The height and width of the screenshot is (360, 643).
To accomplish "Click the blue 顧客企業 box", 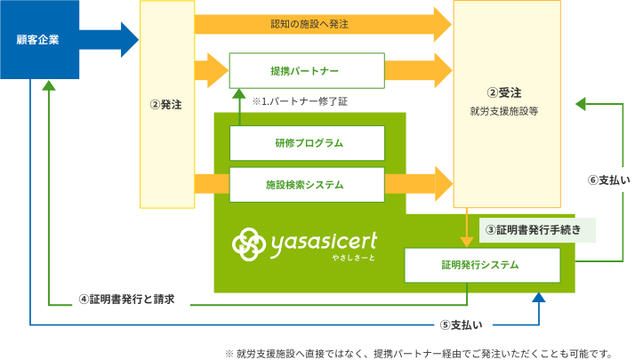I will [x=39, y=39].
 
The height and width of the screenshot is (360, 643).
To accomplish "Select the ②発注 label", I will [x=166, y=105].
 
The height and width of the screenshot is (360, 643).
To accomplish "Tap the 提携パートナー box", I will [x=307, y=70].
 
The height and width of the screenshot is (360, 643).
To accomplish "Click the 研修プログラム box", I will [x=307, y=143].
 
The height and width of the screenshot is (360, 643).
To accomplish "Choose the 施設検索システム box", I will [x=307, y=185].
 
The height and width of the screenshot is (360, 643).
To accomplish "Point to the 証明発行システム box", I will [x=481, y=265].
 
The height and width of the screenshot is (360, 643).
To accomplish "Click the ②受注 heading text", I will [x=504, y=92].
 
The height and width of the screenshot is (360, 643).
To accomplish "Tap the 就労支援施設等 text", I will [x=504, y=112].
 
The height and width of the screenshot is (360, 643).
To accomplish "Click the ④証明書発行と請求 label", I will [x=133, y=300].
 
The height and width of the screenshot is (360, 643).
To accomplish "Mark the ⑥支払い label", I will [x=609, y=180].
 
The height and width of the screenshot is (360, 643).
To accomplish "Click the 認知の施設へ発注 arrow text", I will [x=309, y=24].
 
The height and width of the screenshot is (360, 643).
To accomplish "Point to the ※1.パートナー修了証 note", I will [x=300, y=101].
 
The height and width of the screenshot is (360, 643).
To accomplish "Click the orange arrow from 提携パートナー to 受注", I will [x=418, y=70].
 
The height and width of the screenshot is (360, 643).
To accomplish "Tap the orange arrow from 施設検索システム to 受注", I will [x=418, y=184].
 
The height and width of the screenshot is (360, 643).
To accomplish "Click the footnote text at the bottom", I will [x=418, y=352].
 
